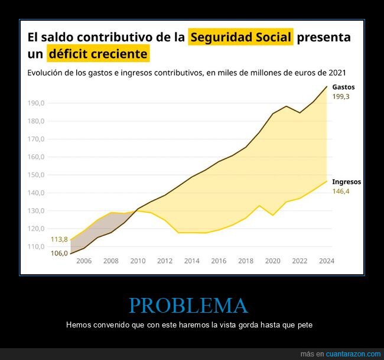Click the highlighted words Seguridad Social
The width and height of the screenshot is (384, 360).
tap(240, 37)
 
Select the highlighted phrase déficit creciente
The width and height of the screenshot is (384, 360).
tap(98, 54)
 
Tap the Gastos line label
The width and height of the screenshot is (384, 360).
tap(343, 87)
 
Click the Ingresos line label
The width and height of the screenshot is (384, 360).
tap(346, 182)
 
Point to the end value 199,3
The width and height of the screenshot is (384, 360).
tap(341, 96)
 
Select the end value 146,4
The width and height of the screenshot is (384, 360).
tap(341, 192)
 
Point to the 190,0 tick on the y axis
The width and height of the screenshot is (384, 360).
tap(37, 103)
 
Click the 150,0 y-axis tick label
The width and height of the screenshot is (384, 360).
tap(37, 175)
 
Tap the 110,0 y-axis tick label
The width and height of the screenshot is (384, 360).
tap(37, 247)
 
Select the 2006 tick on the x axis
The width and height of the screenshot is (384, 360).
tap(84, 261)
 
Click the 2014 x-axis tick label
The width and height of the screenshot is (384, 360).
tap(191, 261)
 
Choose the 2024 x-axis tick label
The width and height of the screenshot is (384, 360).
tap(326, 261)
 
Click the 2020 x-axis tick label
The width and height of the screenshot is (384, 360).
tap(272, 261)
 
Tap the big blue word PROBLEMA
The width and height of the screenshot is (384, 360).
tap(188, 306)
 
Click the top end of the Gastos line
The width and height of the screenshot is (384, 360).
tap(327, 86)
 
